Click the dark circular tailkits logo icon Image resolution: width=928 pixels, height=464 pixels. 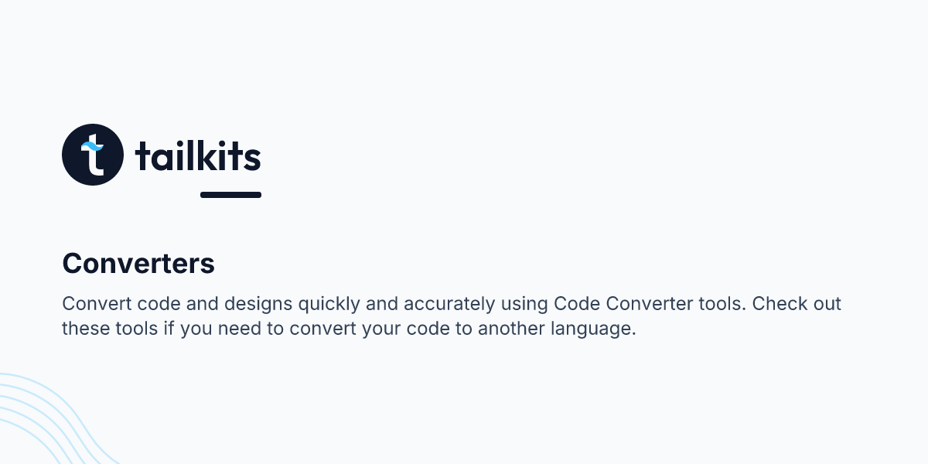[x=93, y=155]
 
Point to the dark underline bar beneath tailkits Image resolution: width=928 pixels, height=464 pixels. [x=230, y=195]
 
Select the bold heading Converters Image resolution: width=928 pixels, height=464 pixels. [x=138, y=264]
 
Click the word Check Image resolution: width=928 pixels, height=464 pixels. [x=778, y=303]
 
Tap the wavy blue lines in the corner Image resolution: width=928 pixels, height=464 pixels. [x=46, y=421]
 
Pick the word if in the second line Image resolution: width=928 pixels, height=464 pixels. [x=170, y=329]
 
